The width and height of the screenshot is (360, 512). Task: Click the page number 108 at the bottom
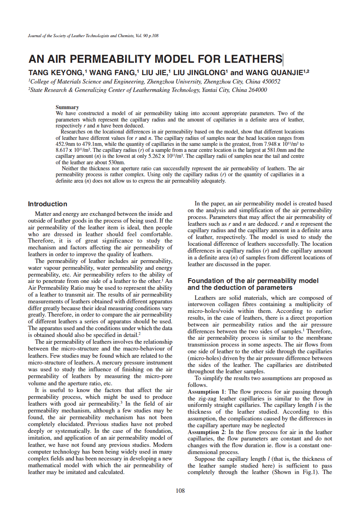coord(180,491)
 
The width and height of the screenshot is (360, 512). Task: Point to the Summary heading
coord(67,107)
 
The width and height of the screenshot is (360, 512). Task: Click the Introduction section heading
coord(48,204)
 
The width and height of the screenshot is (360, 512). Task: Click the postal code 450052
coord(271,82)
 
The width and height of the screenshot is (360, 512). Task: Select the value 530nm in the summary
coord(117,163)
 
